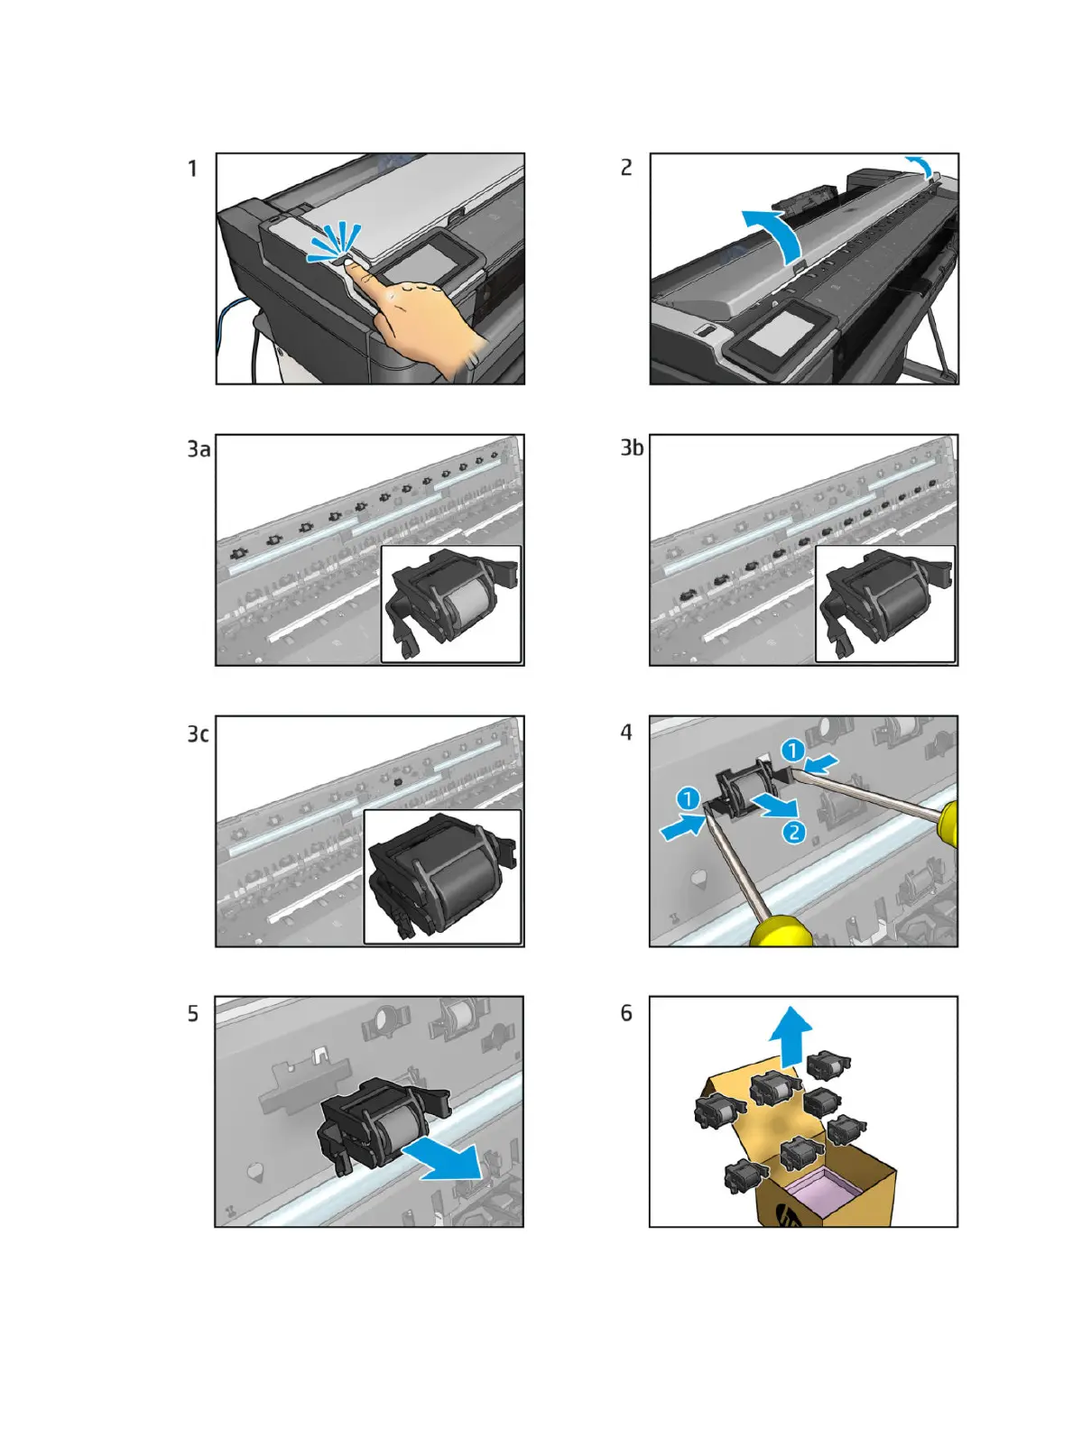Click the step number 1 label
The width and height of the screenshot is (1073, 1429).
point(192,169)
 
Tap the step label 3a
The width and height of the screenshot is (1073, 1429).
point(199,449)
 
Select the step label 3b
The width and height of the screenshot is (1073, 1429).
point(632,447)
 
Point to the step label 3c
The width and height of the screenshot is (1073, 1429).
point(198,733)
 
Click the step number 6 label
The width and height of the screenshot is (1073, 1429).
point(626,1013)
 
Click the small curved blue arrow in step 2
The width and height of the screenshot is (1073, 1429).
point(920,165)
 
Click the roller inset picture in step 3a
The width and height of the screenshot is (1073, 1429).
point(451,604)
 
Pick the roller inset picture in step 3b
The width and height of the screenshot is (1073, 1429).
point(885,604)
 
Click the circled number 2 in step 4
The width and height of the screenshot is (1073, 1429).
point(793,832)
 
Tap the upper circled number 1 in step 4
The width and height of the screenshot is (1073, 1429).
point(793,751)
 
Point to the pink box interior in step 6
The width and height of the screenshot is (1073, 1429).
point(824,1188)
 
